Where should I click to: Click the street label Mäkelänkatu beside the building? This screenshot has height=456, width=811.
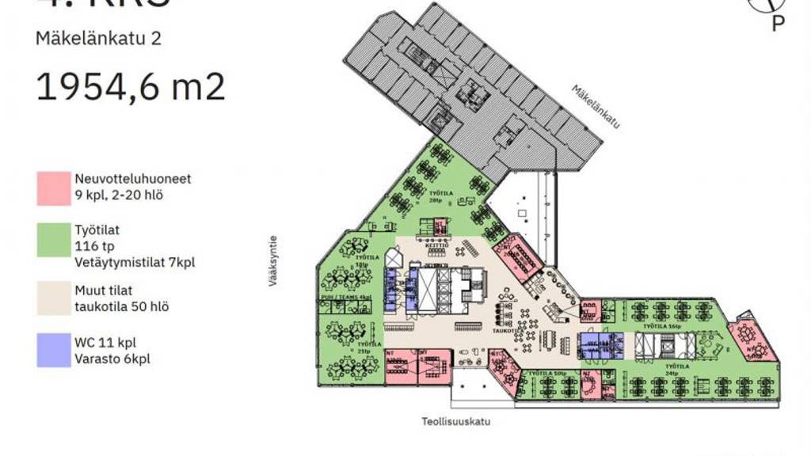pyautogui.click(x=595, y=107)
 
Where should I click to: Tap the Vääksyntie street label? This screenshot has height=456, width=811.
pyautogui.click(x=273, y=260)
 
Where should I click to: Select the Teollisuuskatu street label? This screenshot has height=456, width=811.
pyautogui.click(x=455, y=422)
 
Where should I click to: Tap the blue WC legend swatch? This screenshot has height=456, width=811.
pyautogui.click(x=52, y=351)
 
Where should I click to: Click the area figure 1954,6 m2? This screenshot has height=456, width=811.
pyautogui.click(x=131, y=86)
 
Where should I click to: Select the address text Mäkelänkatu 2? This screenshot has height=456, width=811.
pyautogui.click(x=98, y=38)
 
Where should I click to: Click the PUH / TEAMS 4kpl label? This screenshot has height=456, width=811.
pyautogui.click(x=352, y=297)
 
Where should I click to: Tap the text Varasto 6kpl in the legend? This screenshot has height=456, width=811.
pyautogui.click(x=112, y=359)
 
